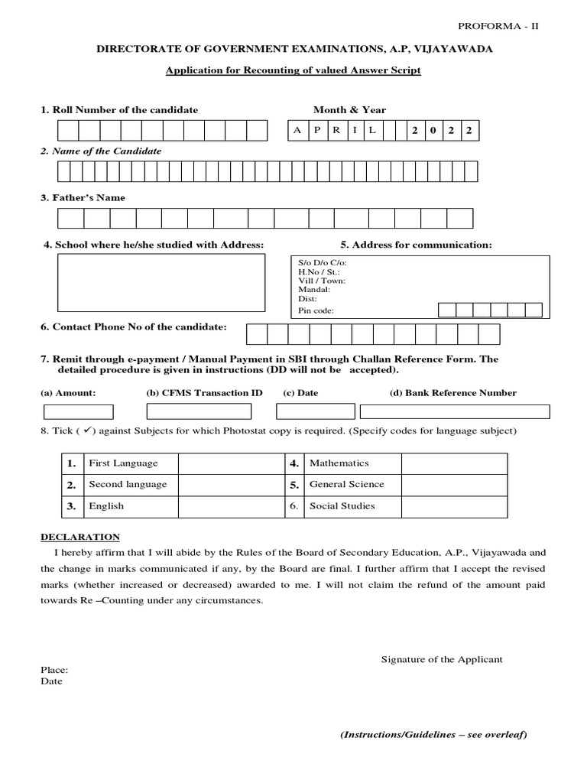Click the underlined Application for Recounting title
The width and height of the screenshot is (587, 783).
pos(293,70)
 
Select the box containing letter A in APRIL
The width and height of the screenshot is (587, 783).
pos(297,131)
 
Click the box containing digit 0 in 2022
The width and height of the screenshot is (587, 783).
pos(433,131)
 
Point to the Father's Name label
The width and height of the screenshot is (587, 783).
pos(83,197)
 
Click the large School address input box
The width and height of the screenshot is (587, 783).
pos(161,282)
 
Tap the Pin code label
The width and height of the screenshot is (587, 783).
pos(316,310)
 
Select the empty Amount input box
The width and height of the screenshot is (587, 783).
pos(78,411)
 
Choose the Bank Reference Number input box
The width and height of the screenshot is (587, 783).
pos(454,411)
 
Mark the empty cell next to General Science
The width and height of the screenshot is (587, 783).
pos(454,485)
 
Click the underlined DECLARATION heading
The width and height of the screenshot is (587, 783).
pos(80,537)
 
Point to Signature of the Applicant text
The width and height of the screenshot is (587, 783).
pos(442,659)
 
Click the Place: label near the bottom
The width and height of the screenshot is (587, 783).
pos(54,670)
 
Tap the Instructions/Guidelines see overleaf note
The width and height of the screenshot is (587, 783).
pos(433,735)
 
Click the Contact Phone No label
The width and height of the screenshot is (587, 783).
pos(134,327)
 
